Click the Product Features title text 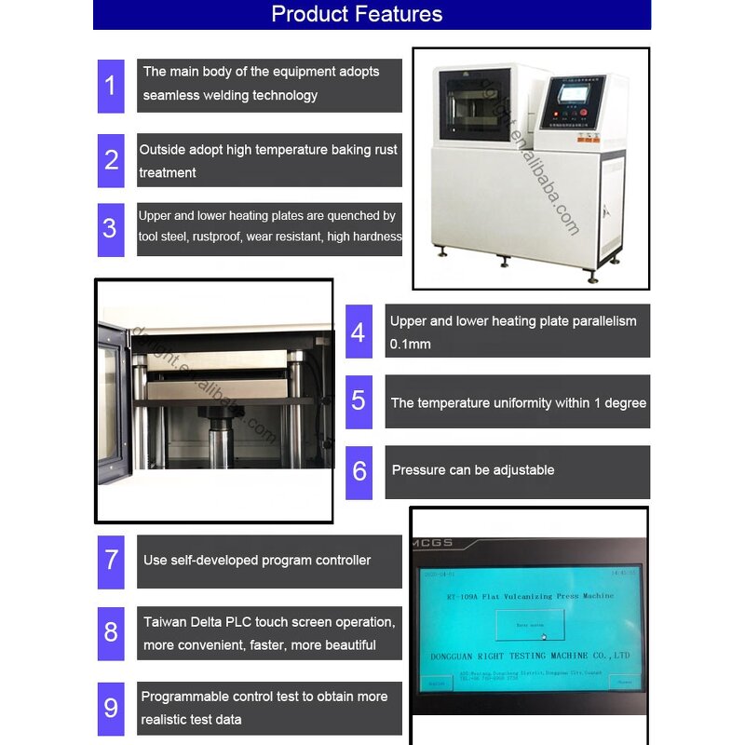pos(357,14)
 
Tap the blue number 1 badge pos(111,86)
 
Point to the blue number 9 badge pos(111,708)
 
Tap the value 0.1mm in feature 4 pos(410,345)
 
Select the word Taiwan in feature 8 pos(164,622)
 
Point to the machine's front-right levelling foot pos(590,277)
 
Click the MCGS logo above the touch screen pos(429,541)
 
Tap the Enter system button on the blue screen pos(529,624)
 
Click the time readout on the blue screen pos(623,574)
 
